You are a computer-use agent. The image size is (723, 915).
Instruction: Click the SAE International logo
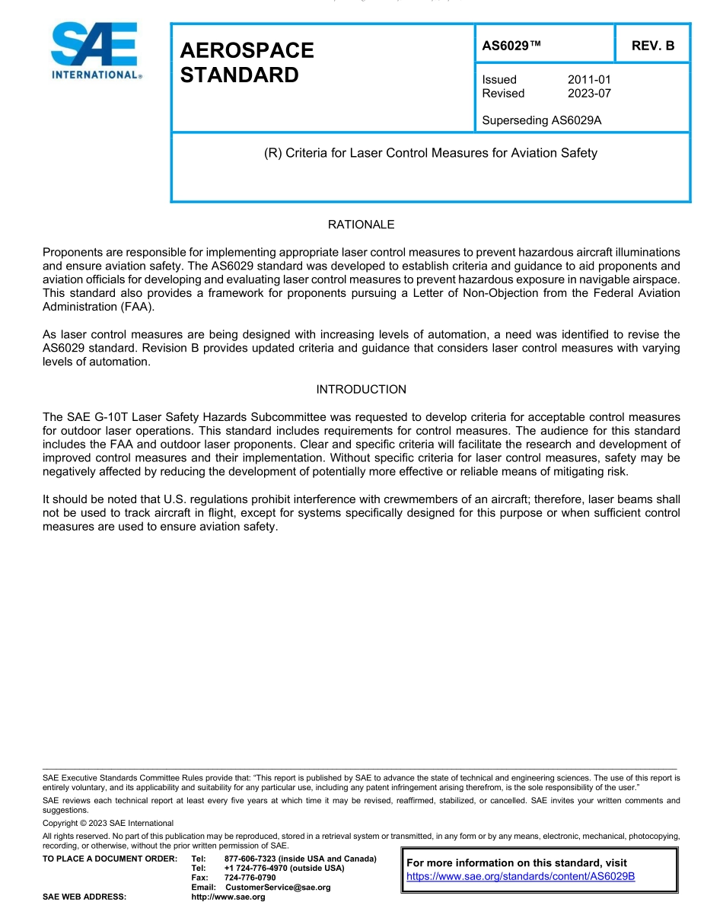94,51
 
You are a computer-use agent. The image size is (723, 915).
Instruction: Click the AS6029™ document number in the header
511,46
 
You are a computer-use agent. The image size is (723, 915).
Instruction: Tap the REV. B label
653,46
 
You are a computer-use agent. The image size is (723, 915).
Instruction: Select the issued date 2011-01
589,80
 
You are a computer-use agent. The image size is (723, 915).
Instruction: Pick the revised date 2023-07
589,94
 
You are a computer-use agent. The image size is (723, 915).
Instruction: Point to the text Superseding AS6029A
542,120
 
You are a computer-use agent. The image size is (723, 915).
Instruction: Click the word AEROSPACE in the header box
247,50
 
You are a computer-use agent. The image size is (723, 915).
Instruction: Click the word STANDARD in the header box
239,75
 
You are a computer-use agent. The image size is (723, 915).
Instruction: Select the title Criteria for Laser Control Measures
431,153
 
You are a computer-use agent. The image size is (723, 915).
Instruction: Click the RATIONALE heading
361,225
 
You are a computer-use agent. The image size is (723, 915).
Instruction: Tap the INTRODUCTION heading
361,390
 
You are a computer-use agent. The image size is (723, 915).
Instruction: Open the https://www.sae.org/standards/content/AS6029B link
521,876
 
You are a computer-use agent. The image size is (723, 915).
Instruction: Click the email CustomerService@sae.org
278,888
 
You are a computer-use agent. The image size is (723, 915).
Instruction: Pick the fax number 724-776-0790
250,878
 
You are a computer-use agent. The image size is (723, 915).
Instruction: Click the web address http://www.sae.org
228,897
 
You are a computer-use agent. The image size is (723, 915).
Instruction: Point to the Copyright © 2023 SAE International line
108,823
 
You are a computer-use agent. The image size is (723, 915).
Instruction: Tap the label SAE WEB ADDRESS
84,897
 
